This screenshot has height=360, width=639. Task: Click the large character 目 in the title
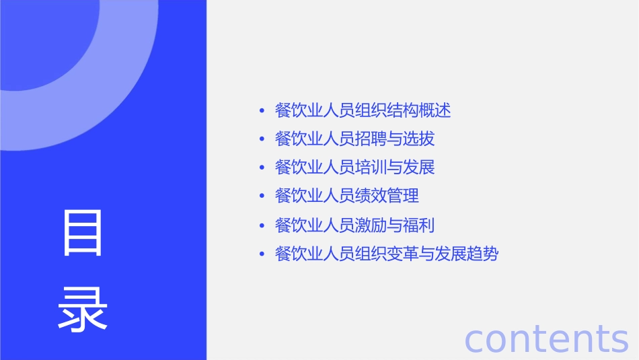click(83, 233)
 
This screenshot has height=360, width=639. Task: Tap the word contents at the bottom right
click(546, 338)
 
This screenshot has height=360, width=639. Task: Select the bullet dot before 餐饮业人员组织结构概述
click(262, 110)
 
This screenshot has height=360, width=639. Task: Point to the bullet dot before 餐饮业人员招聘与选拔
click(262, 139)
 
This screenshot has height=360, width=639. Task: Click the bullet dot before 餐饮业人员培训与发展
click(262, 167)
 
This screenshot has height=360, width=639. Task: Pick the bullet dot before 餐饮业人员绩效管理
click(262, 196)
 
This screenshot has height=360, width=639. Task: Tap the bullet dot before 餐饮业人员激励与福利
click(262, 225)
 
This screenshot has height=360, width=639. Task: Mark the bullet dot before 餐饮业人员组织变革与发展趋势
click(262, 254)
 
